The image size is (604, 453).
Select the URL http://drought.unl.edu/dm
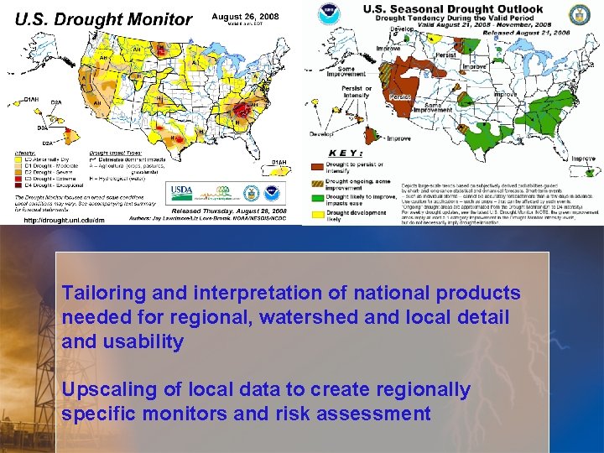(x=65, y=220)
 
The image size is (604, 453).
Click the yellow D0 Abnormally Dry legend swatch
(x=18, y=158)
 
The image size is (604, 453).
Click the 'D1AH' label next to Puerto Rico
(x=278, y=161)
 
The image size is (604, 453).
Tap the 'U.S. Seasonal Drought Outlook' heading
(x=452, y=8)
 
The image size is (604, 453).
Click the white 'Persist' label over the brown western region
(x=401, y=96)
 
